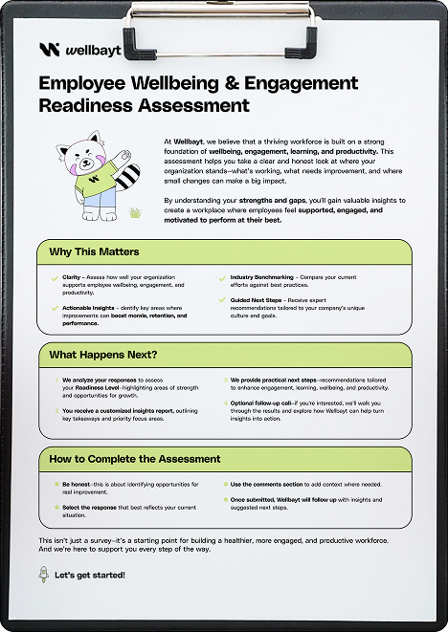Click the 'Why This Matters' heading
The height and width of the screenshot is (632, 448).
pyautogui.click(x=94, y=252)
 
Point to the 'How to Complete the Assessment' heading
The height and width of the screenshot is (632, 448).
pyautogui.click(x=135, y=459)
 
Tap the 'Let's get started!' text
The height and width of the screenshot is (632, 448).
pyautogui.click(x=90, y=576)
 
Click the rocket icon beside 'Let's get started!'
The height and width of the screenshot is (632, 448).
pyautogui.click(x=43, y=575)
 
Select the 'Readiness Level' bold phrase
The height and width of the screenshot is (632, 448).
pyautogui.click(x=83, y=387)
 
